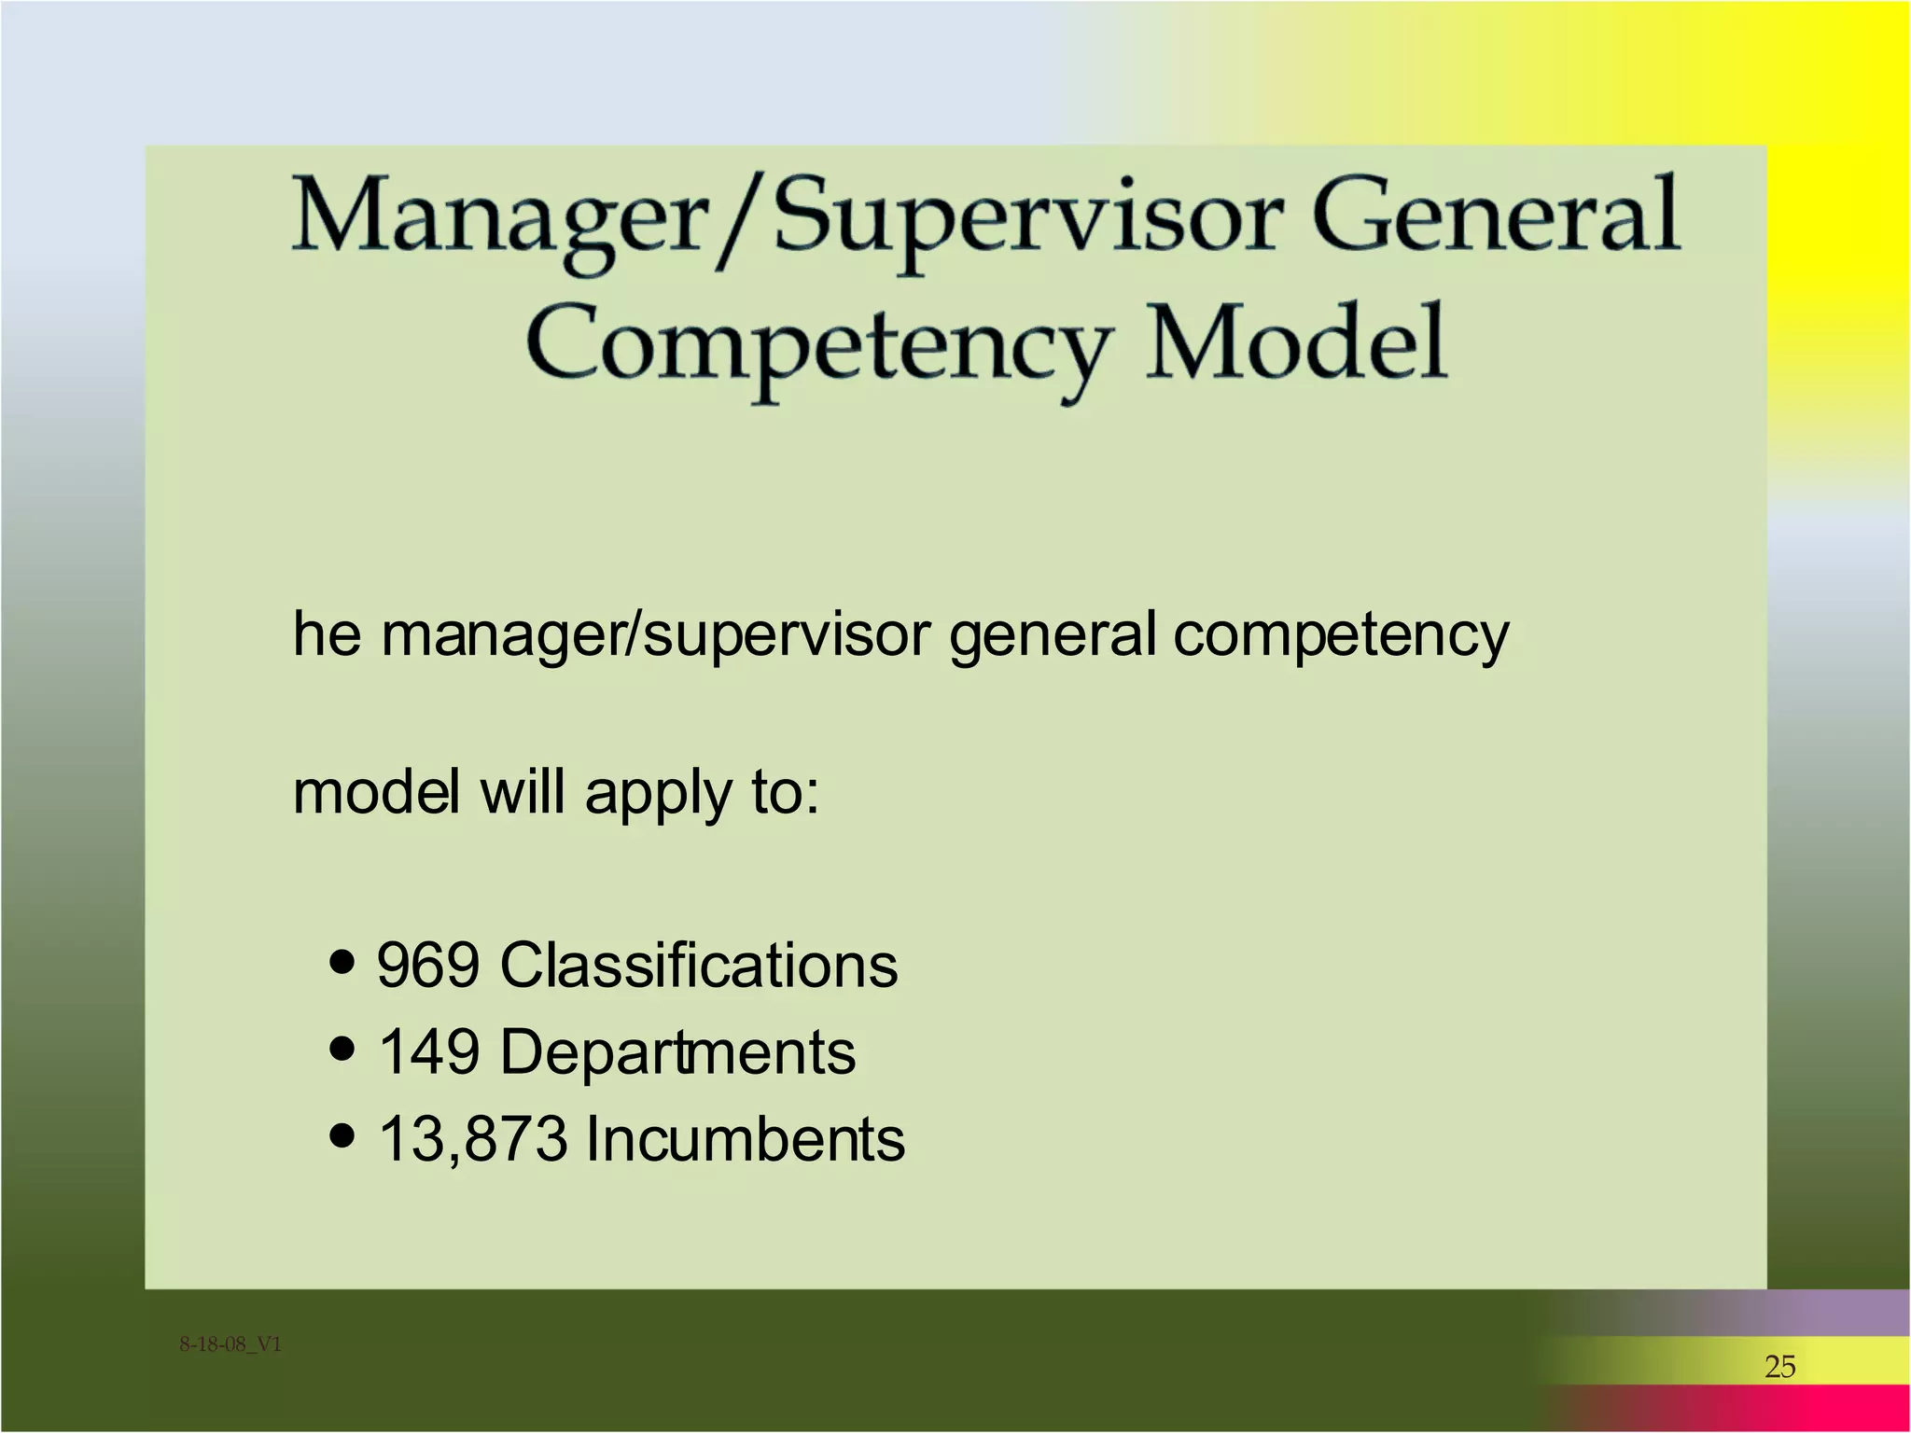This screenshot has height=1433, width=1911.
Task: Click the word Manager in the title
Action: click(x=499, y=219)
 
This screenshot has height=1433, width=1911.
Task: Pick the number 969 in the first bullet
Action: click(x=428, y=965)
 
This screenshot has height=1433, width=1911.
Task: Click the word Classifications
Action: click(x=699, y=965)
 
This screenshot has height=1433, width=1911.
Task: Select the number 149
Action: click(x=428, y=1052)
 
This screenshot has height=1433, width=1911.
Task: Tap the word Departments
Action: click(x=677, y=1052)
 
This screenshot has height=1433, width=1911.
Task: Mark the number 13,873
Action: click(x=473, y=1139)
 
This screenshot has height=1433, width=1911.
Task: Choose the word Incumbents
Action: click(x=745, y=1139)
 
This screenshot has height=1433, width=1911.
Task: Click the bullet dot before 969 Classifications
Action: click(x=343, y=962)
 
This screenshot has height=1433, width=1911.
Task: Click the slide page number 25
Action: click(x=1779, y=1367)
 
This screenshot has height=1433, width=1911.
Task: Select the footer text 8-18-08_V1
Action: click(x=230, y=1344)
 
